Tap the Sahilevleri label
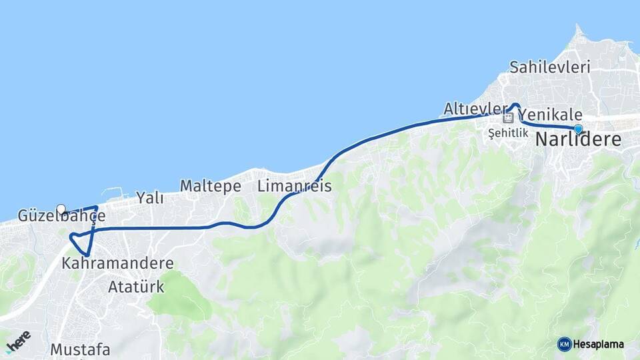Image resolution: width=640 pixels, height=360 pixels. click(550, 67)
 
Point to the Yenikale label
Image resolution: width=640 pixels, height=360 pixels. click(550, 115)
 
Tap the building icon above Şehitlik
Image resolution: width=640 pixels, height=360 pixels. click(509, 118)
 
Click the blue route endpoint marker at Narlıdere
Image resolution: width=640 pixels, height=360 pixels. click(578, 129)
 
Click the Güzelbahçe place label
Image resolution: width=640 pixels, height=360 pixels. click(62, 217)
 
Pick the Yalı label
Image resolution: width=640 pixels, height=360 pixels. click(150, 197)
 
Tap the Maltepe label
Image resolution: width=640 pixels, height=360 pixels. click(210, 187)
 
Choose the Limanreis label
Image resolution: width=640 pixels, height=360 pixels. click(294, 187)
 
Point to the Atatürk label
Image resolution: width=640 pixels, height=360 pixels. click(136, 287)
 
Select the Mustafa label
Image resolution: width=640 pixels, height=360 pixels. click(81, 349)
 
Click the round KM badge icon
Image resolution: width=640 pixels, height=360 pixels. click(564, 344)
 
